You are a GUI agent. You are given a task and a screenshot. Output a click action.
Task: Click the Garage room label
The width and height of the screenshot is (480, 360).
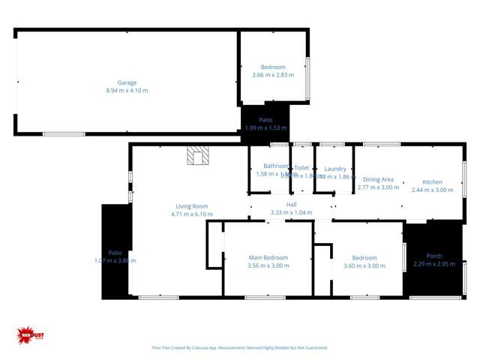[x=127, y=82]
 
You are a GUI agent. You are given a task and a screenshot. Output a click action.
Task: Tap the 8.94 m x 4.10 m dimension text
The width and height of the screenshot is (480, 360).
[x=127, y=91]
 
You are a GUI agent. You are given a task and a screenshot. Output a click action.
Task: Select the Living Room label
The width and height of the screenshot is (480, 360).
[x=192, y=206]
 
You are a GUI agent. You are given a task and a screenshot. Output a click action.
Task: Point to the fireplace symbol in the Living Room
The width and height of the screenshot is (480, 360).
[x=199, y=154]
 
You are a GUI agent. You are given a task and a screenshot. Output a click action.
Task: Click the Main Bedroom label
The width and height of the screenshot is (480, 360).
[x=268, y=258]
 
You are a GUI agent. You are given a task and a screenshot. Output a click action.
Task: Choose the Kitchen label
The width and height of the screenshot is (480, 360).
[x=432, y=182]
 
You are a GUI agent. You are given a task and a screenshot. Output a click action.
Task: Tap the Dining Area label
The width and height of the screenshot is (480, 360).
[x=378, y=179]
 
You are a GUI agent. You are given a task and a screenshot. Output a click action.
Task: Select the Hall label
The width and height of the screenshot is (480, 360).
[x=291, y=204]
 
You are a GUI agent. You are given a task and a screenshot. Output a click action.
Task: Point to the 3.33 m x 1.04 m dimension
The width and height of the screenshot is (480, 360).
[x=291, y=212]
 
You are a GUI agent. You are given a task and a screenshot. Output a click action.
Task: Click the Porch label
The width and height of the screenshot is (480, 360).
[x=434, y=256]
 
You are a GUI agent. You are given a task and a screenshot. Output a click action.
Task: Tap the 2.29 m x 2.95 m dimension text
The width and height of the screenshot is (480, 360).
[x=434, y=264]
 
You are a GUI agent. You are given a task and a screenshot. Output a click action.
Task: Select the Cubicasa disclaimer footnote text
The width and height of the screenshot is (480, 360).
[x=239, y=348]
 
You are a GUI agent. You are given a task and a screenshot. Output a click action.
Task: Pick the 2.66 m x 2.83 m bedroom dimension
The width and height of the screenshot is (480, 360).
[x=273, y=75]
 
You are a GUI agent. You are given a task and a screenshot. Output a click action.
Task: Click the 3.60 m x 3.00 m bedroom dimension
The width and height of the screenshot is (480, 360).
[x=364, y=266]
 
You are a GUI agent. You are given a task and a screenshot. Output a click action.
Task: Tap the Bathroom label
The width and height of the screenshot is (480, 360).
[x=274, y=166]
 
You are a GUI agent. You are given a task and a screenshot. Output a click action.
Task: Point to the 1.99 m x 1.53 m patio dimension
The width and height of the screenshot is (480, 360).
[x=266, y=127]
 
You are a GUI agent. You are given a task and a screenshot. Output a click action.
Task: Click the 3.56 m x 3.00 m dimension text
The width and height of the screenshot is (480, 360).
[x=268, y=266]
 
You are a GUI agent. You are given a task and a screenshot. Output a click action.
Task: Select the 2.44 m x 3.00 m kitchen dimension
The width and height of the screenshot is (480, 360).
[x=433, y=190]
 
